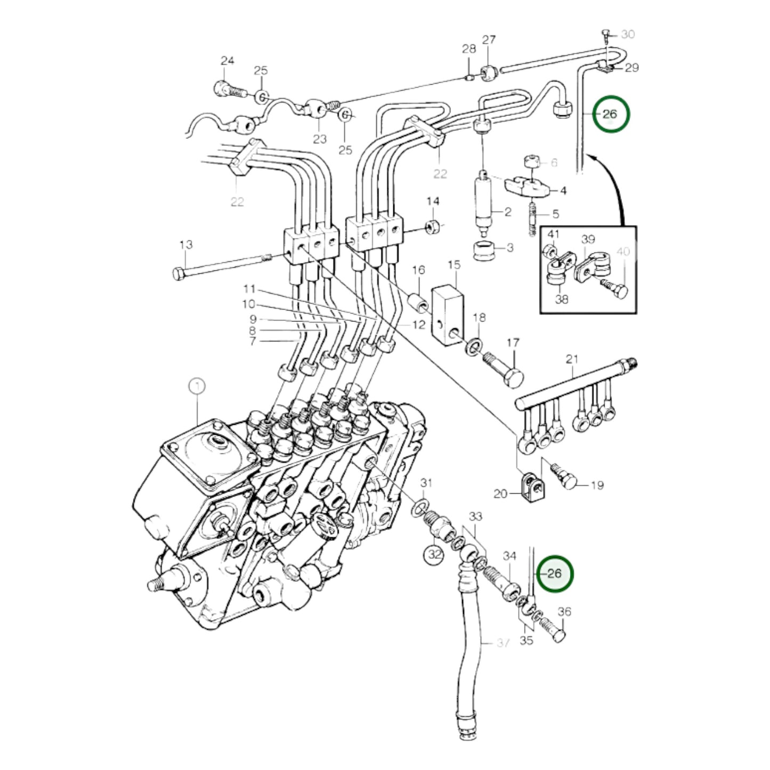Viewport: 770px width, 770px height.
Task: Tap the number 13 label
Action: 185,245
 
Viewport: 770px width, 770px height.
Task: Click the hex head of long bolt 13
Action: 179,274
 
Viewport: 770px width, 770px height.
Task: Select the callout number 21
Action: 572,359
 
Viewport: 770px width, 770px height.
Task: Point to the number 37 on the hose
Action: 502,643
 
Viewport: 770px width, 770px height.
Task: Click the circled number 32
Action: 435,554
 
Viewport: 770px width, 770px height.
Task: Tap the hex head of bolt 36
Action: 558,636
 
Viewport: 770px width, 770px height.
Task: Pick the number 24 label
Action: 228,61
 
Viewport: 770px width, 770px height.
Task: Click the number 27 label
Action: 489,39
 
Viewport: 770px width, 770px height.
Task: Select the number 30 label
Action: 628,35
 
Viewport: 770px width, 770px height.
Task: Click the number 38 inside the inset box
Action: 562,299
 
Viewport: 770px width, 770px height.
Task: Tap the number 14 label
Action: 433,201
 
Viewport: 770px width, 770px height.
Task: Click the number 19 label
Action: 597,485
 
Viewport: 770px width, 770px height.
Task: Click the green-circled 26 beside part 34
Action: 555,574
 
